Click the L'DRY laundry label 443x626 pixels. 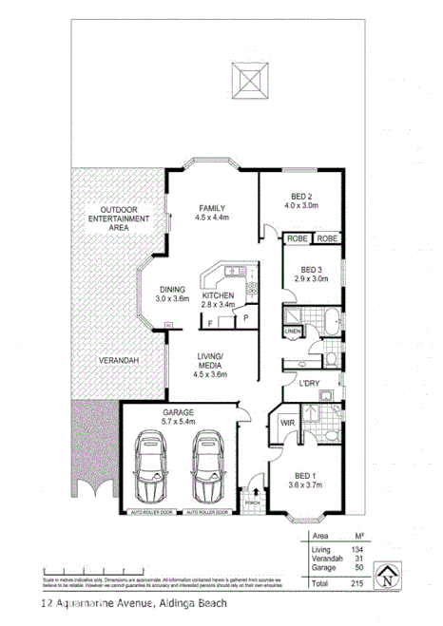(x=308, y=384)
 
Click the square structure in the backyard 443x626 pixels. (x=250, y=77)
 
